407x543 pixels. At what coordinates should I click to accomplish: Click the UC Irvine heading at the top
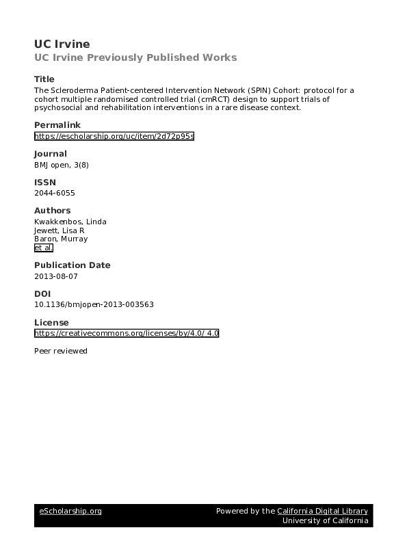click(x=62, y=44)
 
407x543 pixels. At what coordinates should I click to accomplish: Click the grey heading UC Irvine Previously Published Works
click(x=135, y=57)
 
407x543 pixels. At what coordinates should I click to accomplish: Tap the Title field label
click(x=44, y=79)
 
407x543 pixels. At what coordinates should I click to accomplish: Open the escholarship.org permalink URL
click(x=114, y=136)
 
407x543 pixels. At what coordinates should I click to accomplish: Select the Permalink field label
click(x=57, y=124)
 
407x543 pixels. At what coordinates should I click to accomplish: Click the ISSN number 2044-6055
click(x=55, y=194)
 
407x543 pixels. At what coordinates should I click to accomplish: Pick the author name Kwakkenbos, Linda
click(x=70, y=222)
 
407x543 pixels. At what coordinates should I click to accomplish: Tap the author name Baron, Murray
click(x=61, y=239)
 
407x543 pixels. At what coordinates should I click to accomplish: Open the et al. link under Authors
click(x=43, y=248)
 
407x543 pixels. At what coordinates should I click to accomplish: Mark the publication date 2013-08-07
click(x=57, y=277)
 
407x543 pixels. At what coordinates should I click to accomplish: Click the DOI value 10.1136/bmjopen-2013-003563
click(x=99, y=305)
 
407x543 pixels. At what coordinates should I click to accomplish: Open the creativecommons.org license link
click(x=127, y=333)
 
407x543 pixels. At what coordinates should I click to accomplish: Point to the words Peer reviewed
click(x=61, y=351)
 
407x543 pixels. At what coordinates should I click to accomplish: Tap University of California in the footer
click(x=326, y=521)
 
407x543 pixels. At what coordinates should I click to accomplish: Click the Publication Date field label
click(x=72, y=265)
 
